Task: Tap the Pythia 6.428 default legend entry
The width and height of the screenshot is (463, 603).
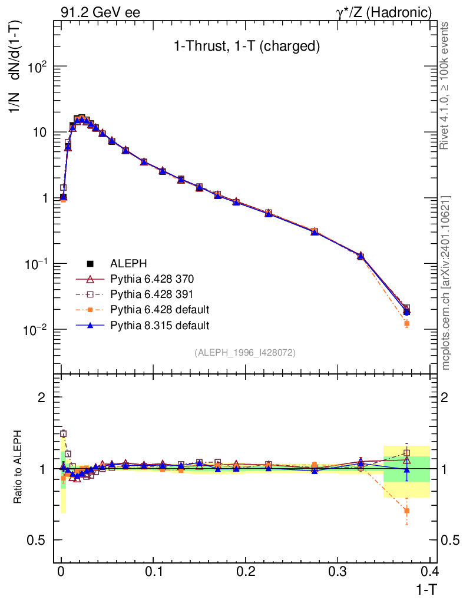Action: point(159,309)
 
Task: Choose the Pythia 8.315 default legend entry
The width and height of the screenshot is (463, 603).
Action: point(159,324)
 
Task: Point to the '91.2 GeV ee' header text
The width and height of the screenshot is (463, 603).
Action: point(100,12)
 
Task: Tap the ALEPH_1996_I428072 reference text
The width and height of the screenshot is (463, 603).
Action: point(245,352)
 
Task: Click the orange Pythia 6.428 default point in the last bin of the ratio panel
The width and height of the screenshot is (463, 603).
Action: point(406,511)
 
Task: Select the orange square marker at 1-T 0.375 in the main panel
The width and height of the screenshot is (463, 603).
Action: point(406,323)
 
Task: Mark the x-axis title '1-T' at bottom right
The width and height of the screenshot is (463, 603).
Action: point(425,588)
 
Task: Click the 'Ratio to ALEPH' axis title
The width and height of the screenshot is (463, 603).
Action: point(19,468)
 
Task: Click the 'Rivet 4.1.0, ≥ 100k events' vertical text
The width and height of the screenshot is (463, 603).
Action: point(445,85)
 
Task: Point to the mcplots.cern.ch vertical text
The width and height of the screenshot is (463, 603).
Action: point(445,283)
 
